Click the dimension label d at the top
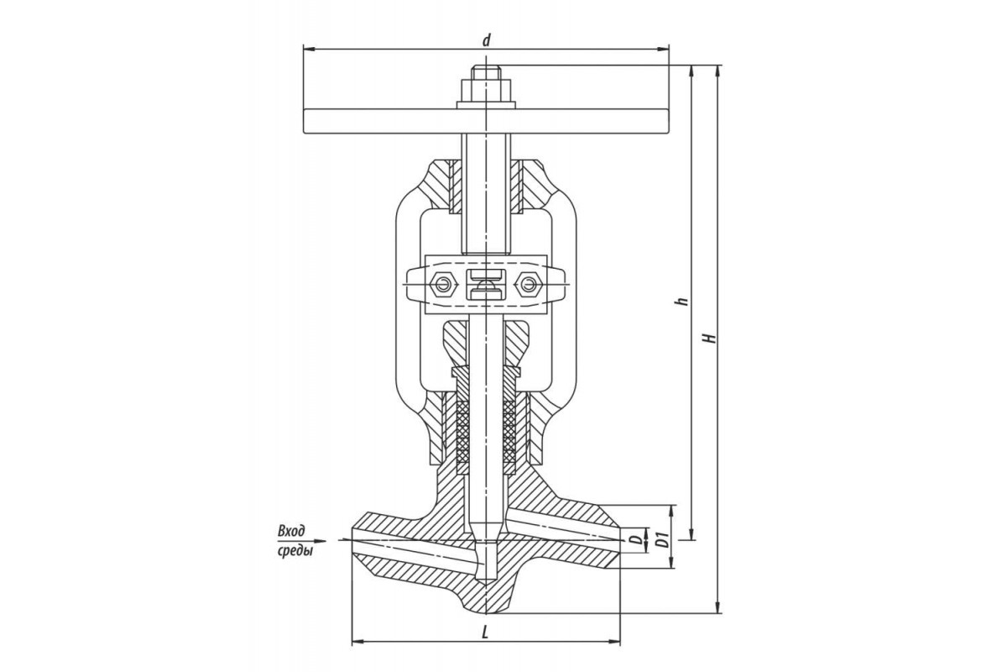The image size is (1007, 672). (x=486, y=40)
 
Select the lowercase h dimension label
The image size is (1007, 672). (x=684, y=301)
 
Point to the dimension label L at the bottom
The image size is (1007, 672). (x=485, y=633)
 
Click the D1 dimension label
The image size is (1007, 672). (x=661, y=540)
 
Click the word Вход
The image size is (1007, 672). (x=291, y=531)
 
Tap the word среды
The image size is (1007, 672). (x=295, y=552)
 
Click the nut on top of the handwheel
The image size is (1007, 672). (x=486, y=91)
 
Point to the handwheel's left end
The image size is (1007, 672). (x=305, y=122)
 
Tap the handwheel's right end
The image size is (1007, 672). (x=668, y=122)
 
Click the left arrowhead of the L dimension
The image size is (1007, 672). (x=357, y=641)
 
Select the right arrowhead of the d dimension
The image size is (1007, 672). (x=663, y=49)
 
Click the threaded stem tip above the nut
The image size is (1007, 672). (x=486, y=73)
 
